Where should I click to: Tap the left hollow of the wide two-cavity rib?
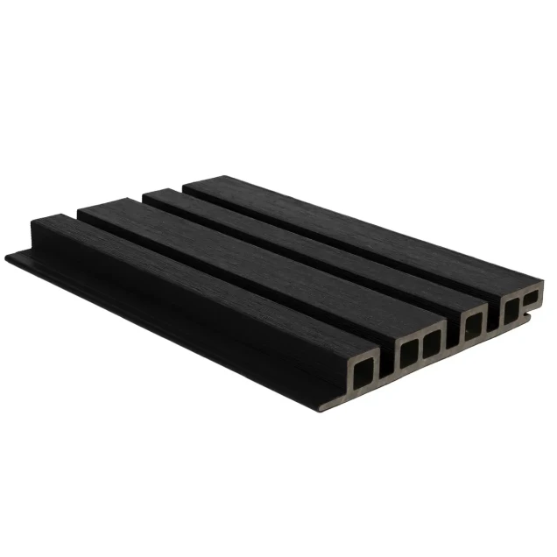[x=409, y=351]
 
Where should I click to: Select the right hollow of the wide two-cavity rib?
[x=432, y=342]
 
